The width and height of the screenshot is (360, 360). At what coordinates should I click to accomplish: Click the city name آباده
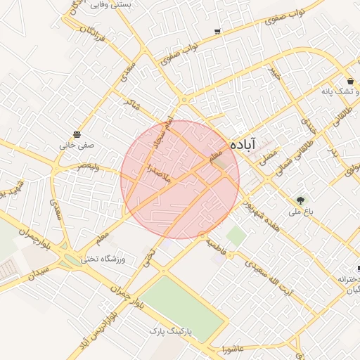coord(246,143)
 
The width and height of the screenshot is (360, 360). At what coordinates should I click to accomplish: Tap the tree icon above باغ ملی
coord(302,200)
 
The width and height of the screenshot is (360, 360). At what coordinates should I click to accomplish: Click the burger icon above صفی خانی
coord(76,134)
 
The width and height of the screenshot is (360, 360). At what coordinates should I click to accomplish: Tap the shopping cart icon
coord(217,32)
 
